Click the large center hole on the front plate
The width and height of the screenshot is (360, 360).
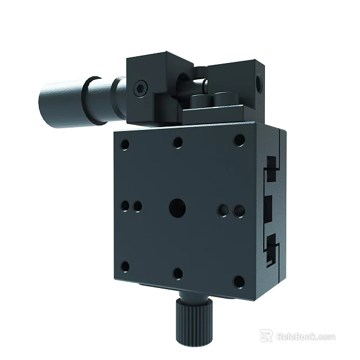click(177, 208)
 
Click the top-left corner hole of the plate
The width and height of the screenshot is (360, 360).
click(125, 144)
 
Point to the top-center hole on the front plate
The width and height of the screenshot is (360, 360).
click(178, 142)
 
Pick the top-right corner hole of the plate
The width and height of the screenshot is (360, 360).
click(239, 140)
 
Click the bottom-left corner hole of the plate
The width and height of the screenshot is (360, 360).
click(125, 266)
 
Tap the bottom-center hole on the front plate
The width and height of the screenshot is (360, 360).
click(178, 273)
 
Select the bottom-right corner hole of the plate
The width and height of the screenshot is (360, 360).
click(238, 281)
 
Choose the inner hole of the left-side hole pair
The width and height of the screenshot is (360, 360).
click(137, 207)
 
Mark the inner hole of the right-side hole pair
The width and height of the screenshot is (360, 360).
click(224, 211)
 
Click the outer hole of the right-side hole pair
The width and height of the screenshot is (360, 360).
click(238, 211)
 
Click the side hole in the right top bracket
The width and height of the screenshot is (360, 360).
click(259, 84)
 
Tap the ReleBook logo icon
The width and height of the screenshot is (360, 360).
click(267, 336)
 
